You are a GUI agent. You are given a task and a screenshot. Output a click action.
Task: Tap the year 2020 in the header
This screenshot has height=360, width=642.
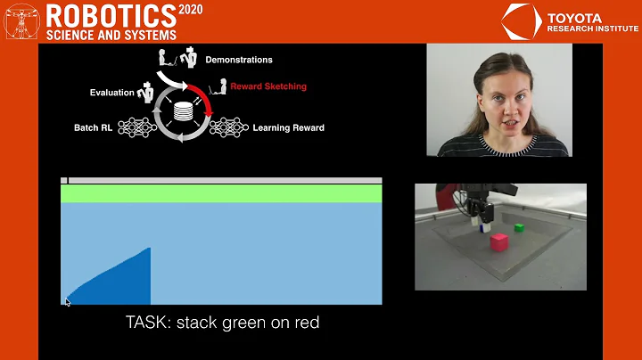point(191,10)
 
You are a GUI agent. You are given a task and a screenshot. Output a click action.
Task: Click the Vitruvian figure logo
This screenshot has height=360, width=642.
point(21,21)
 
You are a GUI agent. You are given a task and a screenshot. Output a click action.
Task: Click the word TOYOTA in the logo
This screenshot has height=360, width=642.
point(574,17)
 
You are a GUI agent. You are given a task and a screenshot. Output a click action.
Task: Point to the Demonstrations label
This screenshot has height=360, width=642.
point(239,60)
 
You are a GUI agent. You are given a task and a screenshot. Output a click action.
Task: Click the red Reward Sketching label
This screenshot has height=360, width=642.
point(268,86)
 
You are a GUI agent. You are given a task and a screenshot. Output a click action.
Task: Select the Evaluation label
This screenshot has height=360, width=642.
point(111,93)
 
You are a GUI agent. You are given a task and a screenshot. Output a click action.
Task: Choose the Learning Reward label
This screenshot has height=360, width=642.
point(288,127)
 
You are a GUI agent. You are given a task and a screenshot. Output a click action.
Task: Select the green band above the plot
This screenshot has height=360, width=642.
point(221,193)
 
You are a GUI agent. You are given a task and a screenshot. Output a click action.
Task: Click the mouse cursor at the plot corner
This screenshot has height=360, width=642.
point(67,301)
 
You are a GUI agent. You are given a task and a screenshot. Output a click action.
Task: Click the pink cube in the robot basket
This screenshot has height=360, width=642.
point(498,241)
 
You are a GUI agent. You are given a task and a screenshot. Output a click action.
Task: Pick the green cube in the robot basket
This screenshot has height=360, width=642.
point(519,228)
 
